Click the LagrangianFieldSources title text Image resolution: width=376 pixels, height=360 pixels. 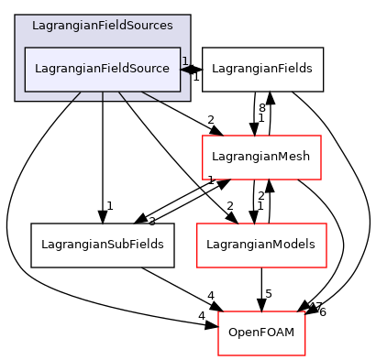[x=102, y=26]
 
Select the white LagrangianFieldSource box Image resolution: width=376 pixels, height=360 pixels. [x=102, y=70]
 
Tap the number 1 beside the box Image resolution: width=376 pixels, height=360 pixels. [x=184, y=61]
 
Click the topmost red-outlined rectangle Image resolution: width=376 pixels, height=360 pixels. [x=261, y=158]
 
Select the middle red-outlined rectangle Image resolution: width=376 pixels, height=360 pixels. [x=261, y=245]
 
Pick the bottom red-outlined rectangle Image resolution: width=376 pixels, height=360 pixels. [x=261, y=333]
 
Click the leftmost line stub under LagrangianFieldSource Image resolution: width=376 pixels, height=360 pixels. [x=77, y=95]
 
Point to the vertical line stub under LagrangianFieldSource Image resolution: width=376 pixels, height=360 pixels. [x=103, y=95]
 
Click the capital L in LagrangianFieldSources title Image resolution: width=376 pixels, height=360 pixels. [x=35, y=26]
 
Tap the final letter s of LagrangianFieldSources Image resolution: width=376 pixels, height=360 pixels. [x=170, y=26]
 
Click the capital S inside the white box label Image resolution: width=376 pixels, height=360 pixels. [x=131, y=70]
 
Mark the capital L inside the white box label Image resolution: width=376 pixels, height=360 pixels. [x=38, y=70]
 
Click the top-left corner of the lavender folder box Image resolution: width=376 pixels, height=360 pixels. [x=16, y=16]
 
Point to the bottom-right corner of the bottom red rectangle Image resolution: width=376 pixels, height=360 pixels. [x=304, y=355]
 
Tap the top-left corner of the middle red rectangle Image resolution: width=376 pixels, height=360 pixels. [x=197, y=224]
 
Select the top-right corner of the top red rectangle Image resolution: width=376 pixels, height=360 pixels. [x=321, y=136]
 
